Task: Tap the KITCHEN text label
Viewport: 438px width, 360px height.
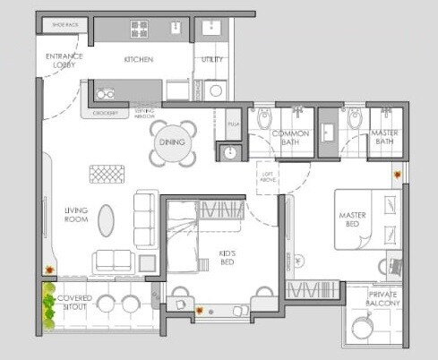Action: pyautogui.click(x=139, y=60)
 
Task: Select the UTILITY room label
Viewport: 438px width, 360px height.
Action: pyautogui.click(x=211, y=60)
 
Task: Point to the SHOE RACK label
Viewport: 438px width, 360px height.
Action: pyautogui.click(x=66, y=26)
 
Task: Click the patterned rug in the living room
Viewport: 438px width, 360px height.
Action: pyautogui.click(x=106, y=174)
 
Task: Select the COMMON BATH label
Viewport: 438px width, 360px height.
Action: pyautogui.click(x=290, y=138)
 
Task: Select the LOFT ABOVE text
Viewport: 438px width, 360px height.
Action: pyautogui.click(x=267, y=176)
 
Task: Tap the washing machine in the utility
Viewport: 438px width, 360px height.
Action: pyautogui.click(x=215, y=90)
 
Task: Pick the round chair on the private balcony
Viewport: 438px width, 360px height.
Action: pyautogui.click(x=362, y=329)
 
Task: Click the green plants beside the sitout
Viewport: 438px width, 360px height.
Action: pyautogui.click(x=47, y=306)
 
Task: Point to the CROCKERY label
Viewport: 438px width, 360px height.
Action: pyautogui.click(x=106, y=114)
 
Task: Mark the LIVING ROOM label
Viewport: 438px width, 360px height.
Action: pyautogui.click(x=75, y=215)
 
